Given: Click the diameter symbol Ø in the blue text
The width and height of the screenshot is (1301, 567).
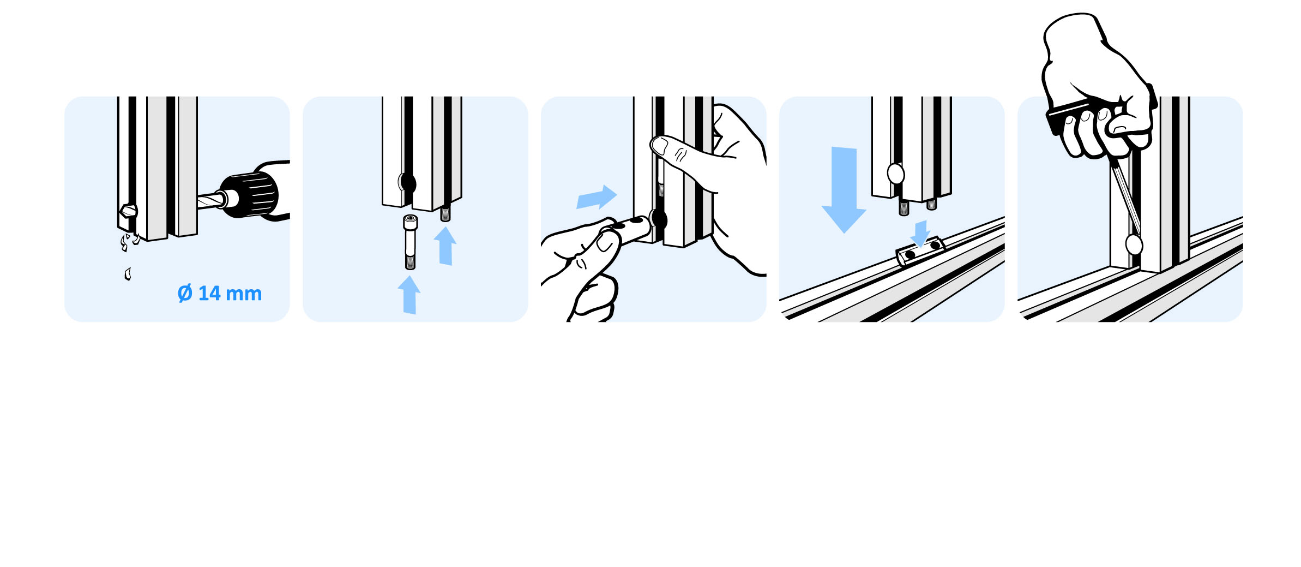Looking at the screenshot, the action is coord(185,293).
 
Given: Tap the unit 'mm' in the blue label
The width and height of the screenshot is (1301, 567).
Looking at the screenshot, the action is coord(244,294).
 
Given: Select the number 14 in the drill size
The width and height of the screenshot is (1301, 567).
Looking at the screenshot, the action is coord(209,293).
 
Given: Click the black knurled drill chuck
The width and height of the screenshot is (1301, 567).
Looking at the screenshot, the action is coord(249,194).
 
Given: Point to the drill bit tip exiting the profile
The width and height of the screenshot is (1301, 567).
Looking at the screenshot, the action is coord(128,211).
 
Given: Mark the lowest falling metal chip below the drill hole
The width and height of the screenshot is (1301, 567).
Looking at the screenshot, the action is coord(128,274).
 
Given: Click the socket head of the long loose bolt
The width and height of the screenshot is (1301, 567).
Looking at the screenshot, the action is coord(411,222).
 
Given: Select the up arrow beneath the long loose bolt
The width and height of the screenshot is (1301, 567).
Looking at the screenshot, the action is coord(409,295).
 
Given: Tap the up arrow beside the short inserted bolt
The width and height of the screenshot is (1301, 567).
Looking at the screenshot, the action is coord(445,246).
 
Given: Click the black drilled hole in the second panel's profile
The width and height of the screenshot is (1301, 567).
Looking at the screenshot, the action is coord(408,183).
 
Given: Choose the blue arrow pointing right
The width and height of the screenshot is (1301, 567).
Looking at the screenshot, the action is coord(597,197).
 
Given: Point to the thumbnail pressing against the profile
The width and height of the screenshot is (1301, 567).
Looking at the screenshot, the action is coord(659,145).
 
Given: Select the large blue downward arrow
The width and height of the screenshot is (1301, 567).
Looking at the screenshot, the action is coord(844,189).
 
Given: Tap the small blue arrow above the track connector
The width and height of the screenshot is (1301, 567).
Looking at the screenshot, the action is coord(920,234).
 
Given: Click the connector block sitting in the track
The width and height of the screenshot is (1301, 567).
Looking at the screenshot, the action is coord(920,251).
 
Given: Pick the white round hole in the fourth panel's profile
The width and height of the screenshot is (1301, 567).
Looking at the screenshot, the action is coord(895,174).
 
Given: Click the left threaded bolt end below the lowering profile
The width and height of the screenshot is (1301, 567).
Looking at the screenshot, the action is coord(904,207).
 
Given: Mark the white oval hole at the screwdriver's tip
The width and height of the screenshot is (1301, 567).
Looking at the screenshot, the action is coord(1134,245).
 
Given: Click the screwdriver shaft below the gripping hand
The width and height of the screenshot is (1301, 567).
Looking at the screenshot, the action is coord(1125,196).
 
